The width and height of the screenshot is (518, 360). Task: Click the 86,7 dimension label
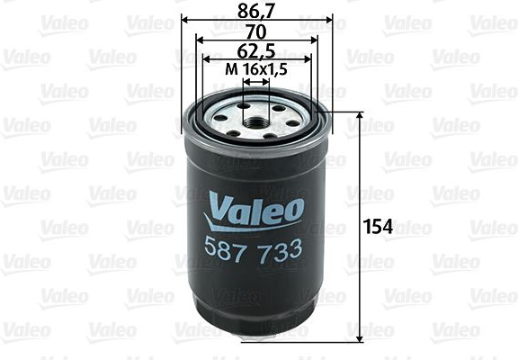pos(256,12)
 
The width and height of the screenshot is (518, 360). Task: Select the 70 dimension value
pos(256,32)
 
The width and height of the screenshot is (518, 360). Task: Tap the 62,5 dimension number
pos(256,51)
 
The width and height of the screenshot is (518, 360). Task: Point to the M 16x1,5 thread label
pos(255,70)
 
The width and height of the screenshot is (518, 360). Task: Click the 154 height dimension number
pos(378,227)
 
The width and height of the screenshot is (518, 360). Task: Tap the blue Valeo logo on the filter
pos(254,211)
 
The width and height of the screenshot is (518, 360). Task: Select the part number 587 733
pos(253,250)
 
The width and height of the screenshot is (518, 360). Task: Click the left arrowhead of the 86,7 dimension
pos(185,20)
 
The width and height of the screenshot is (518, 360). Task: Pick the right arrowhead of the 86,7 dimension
pos(329,20)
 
